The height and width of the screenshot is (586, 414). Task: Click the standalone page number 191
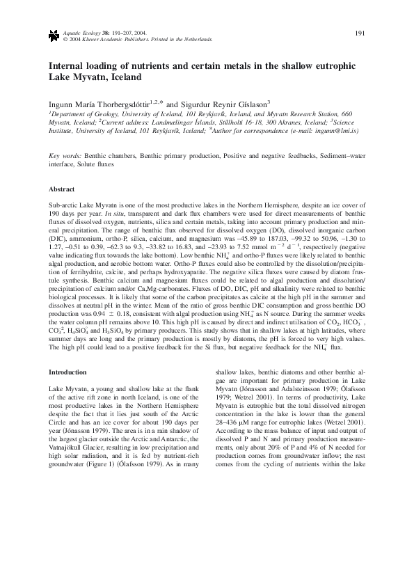(360, 33)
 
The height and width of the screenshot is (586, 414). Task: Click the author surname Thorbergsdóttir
(104, 104)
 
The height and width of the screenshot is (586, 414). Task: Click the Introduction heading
(67, 372)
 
